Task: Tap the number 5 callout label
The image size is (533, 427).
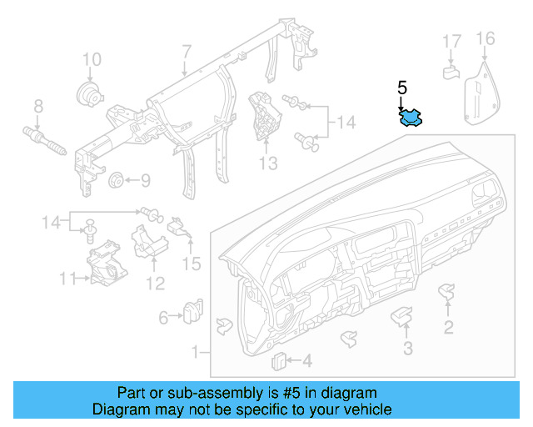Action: click(402, 88)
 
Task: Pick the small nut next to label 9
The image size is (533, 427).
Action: click(116, 180)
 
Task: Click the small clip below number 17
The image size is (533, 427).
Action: click(451, 72)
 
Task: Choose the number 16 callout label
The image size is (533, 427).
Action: click(485, 39)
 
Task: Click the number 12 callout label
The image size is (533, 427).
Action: click(155, 283)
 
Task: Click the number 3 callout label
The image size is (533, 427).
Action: click(407, 348)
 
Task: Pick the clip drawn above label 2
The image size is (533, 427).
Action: click(448, 291)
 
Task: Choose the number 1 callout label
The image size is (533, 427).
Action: click(196, 353)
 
